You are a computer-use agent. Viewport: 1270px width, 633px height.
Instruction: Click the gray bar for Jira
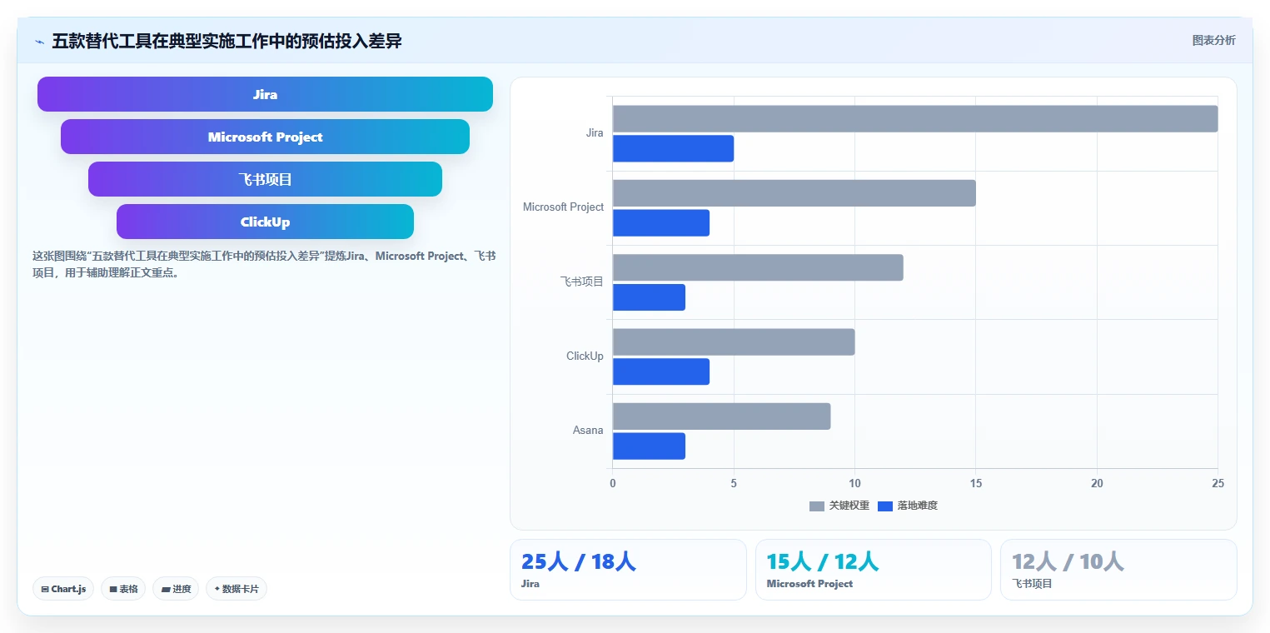(915, 119)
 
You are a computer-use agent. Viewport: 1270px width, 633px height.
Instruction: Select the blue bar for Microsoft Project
(661, 223)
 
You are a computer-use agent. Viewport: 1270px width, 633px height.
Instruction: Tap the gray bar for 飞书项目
(758, 267)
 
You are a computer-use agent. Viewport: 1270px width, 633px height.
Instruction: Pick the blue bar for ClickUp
(661, 371)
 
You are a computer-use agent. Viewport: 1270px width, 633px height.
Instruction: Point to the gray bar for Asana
(722, 416)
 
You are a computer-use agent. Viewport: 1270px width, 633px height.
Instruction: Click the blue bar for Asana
(650, 446)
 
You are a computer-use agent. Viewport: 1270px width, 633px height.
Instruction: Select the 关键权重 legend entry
(839, 506)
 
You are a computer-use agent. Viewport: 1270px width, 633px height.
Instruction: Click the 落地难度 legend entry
(908, 506)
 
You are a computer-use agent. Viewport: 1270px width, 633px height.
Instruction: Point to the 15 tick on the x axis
(976, 483)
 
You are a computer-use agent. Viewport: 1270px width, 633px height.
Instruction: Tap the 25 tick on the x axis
(1218, 483)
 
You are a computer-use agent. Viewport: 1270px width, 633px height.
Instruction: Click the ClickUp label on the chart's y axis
(585, 356)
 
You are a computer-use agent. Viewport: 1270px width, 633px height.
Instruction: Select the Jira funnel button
(266, 94)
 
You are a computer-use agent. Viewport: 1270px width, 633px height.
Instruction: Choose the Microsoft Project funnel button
(266, 137)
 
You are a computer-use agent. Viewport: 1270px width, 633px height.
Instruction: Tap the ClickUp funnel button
(266, 222)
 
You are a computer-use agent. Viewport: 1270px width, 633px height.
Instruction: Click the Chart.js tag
(63, 589)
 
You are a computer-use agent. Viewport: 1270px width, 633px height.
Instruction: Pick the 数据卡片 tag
(237, 589)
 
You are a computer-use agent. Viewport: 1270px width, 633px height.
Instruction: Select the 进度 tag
(176, 589)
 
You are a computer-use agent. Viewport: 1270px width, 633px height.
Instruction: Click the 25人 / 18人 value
(579, 561)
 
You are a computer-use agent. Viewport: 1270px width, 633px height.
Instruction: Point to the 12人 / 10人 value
(1068, 561)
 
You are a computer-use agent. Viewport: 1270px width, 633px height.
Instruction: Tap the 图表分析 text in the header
(1214, 40)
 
